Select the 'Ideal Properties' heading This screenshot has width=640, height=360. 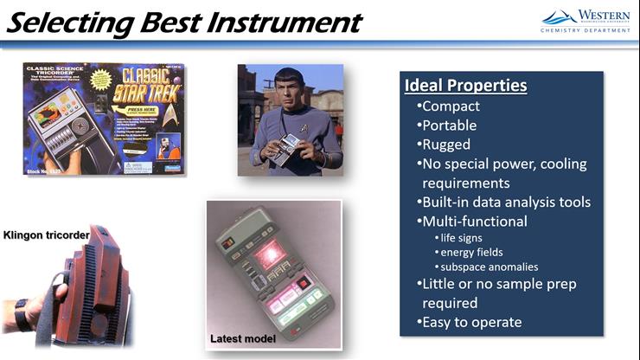click(465, 86)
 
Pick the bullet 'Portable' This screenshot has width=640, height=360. click(449, 125)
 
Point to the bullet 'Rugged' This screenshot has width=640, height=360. click(445, 145)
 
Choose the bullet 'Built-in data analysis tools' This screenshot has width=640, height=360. click(503, 202)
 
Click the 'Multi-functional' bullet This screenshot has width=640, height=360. click(473, 222)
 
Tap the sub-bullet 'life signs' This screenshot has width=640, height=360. click(461, 237)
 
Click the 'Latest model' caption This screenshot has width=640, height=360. click(243, 338)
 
